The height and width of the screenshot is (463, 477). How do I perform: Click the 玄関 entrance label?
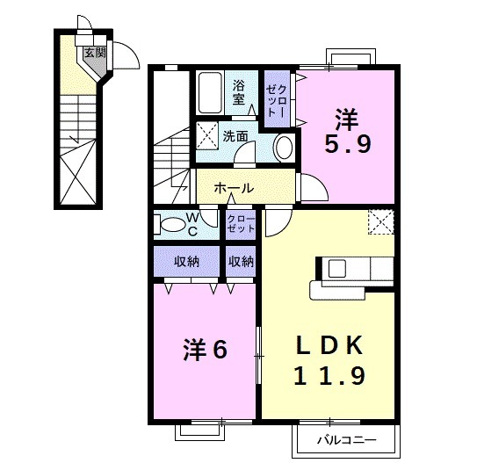click(92, 52)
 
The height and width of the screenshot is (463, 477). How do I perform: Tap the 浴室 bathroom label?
click(240, 92)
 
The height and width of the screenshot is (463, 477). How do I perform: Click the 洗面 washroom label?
click(235, 136)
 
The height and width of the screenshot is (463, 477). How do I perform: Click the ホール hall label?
click(234, 188)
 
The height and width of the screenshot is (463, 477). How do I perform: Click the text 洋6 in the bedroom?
click(206, 350)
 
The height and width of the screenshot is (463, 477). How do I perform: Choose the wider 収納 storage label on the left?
click(184, 261)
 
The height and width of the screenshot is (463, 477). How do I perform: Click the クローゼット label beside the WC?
click(241, 223)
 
